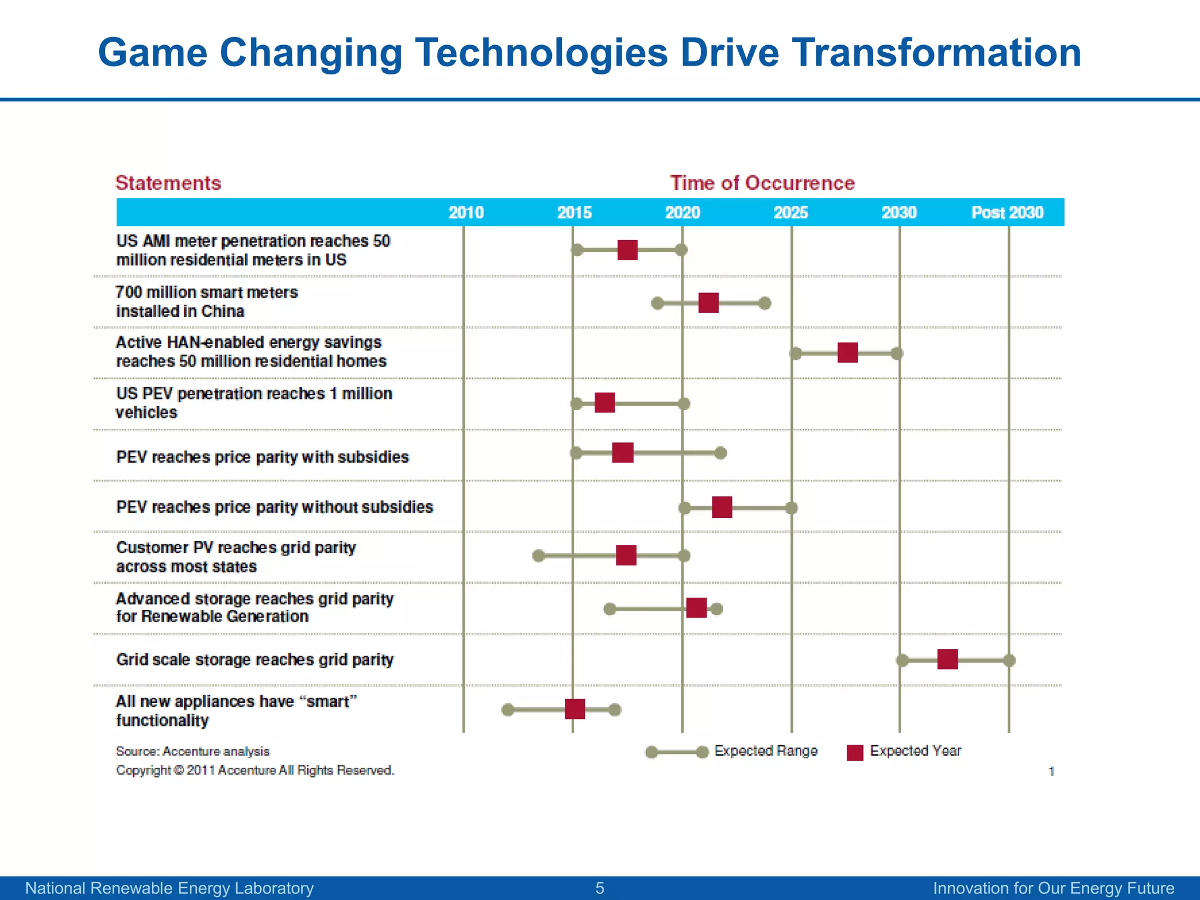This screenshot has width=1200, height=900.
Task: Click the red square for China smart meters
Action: [x=708, y=303]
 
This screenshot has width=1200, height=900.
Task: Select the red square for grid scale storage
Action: [x=947, y=659]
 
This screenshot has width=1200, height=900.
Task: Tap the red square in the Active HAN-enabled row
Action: [x=847, y=353]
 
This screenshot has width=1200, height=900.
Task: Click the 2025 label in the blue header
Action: [x=790, y=212]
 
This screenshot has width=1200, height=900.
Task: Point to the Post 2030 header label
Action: [x=1007, y=212]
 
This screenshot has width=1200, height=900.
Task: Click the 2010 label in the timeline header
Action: [x=466, y=212]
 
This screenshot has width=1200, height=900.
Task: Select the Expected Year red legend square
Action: [x=855, y=752]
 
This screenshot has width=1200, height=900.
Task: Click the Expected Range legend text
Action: [x=765, y=751]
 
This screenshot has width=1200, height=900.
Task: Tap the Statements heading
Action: [x=168, y=183]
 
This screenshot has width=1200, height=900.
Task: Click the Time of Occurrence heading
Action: [x=762, y=183]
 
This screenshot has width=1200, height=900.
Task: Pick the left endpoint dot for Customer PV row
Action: [x=538, y=555]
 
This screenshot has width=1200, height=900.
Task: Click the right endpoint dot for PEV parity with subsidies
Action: [x=721, y=453]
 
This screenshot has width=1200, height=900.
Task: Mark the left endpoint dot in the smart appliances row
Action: [x=508, y=710]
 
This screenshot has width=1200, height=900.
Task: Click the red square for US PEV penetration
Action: [x=605, y=403]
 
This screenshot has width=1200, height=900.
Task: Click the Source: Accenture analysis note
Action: [x=193, y=751]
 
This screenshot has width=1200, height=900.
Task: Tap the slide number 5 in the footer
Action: [x=599, y=888]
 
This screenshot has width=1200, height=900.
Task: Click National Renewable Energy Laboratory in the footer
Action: [x=169, y=888]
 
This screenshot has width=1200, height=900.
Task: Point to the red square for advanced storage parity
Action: [x=696, y=608]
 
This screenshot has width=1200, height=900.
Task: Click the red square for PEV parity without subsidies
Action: [x=722, y=507]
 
